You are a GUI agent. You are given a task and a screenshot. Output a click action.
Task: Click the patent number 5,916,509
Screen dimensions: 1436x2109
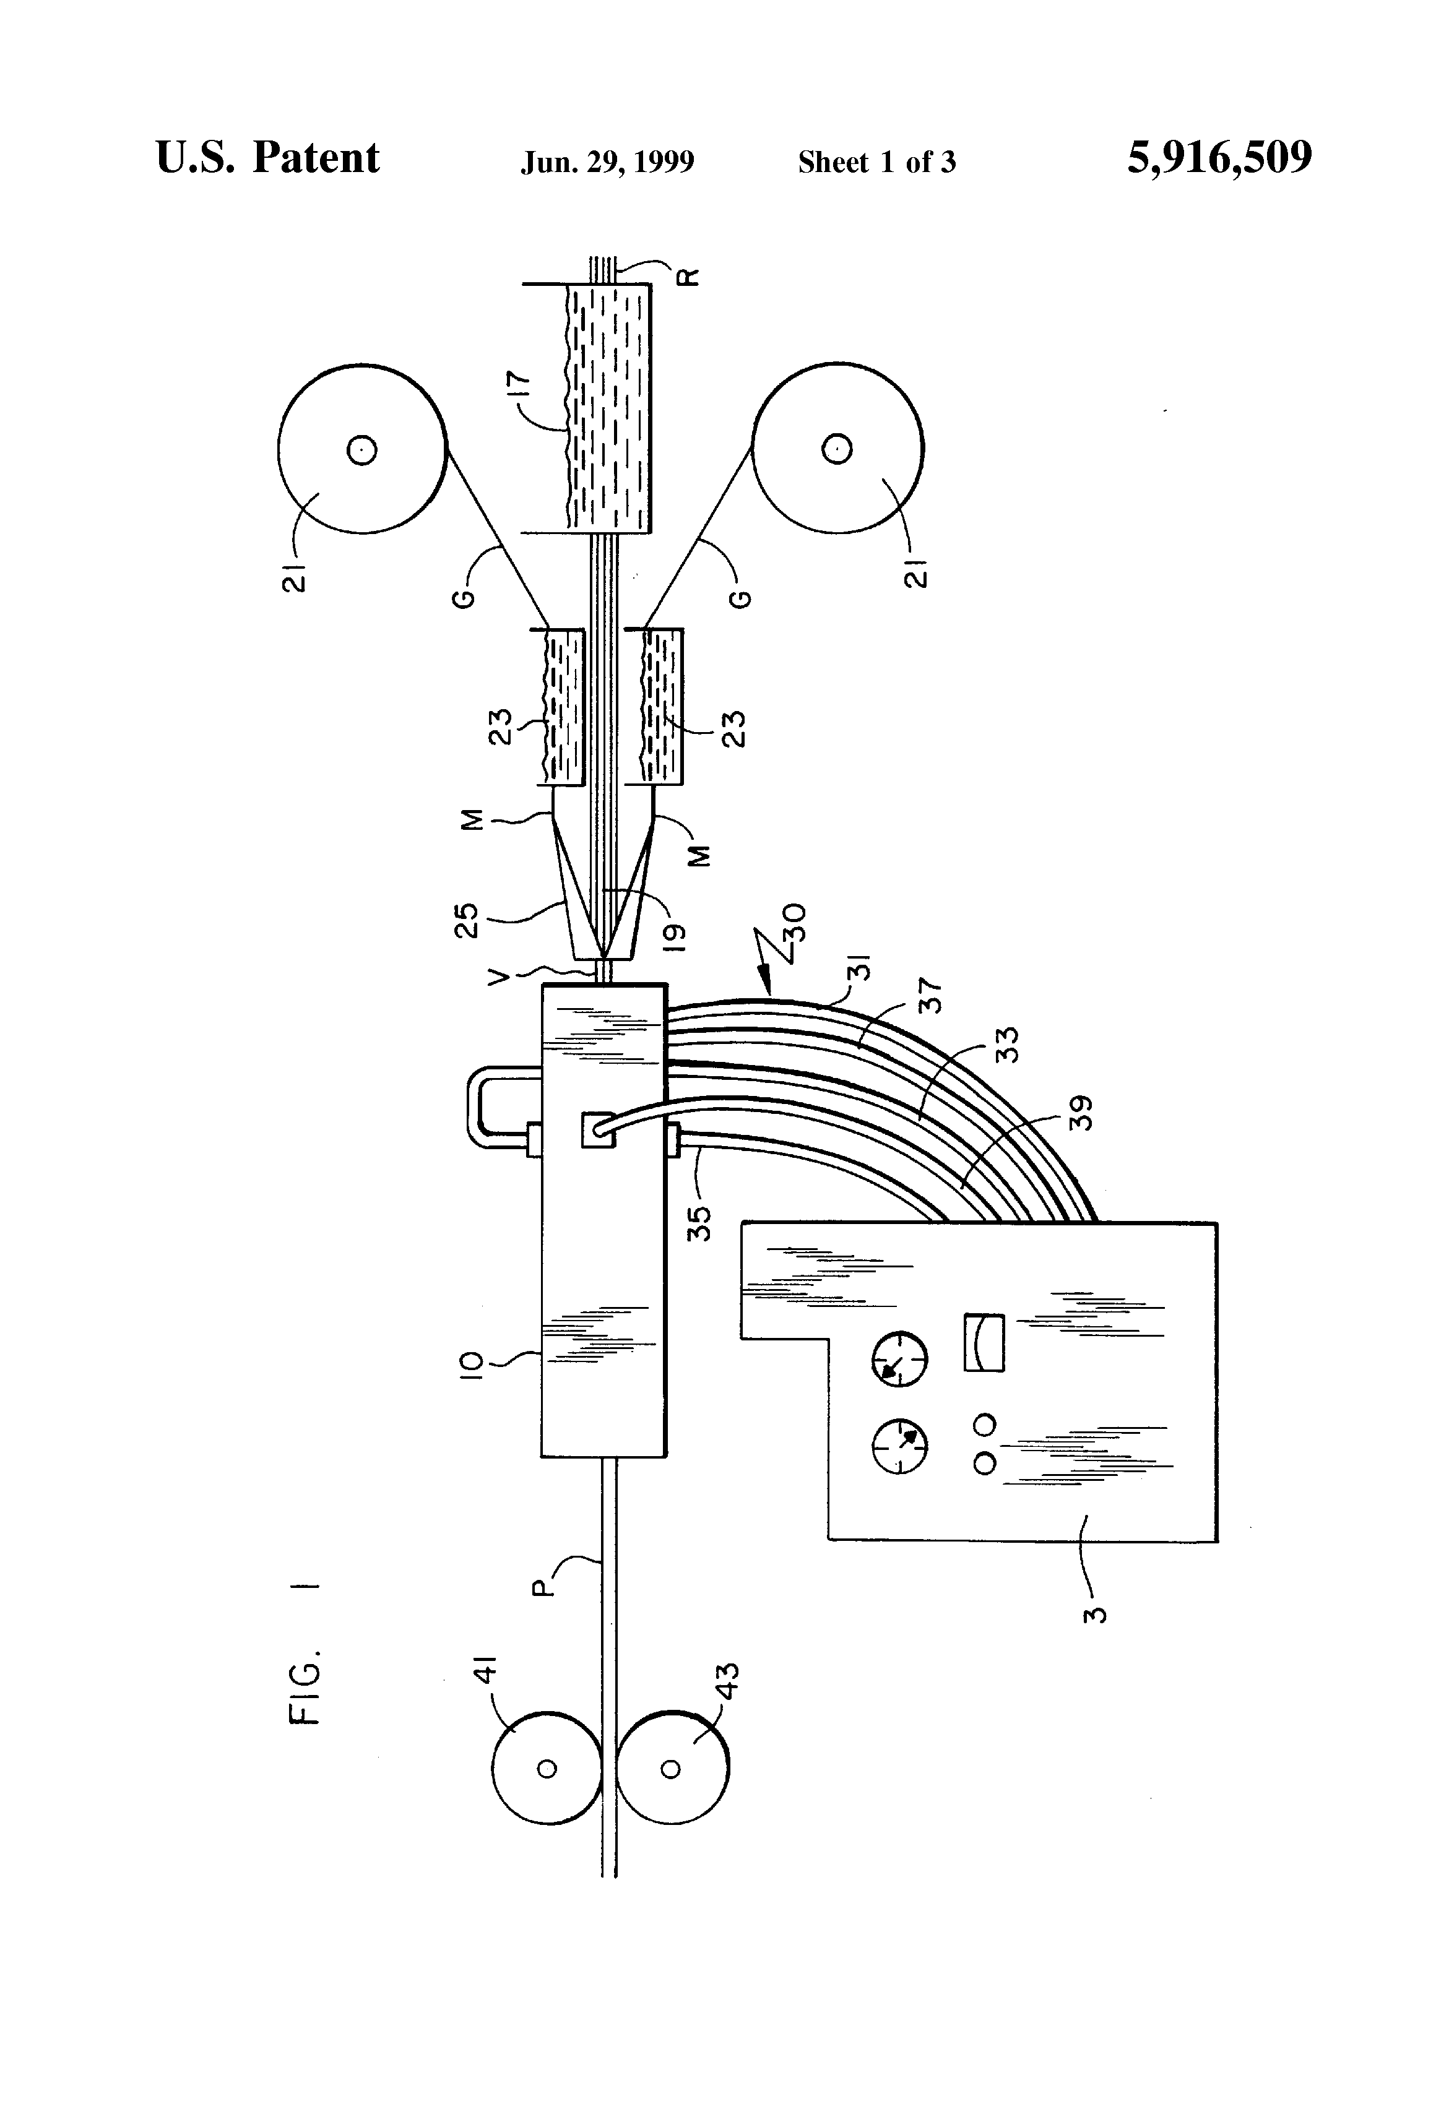[1219, 158]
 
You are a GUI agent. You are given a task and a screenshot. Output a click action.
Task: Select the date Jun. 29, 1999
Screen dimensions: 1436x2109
[607, 162]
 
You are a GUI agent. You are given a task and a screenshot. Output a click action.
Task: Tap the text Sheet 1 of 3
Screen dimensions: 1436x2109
[877, 162]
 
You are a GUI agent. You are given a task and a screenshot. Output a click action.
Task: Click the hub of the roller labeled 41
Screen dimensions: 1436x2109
[547, 1769]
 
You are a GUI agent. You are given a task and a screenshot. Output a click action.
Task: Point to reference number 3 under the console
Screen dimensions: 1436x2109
[1097, 1615]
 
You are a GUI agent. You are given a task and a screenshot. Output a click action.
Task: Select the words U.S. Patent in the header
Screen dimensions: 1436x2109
[268, 158]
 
